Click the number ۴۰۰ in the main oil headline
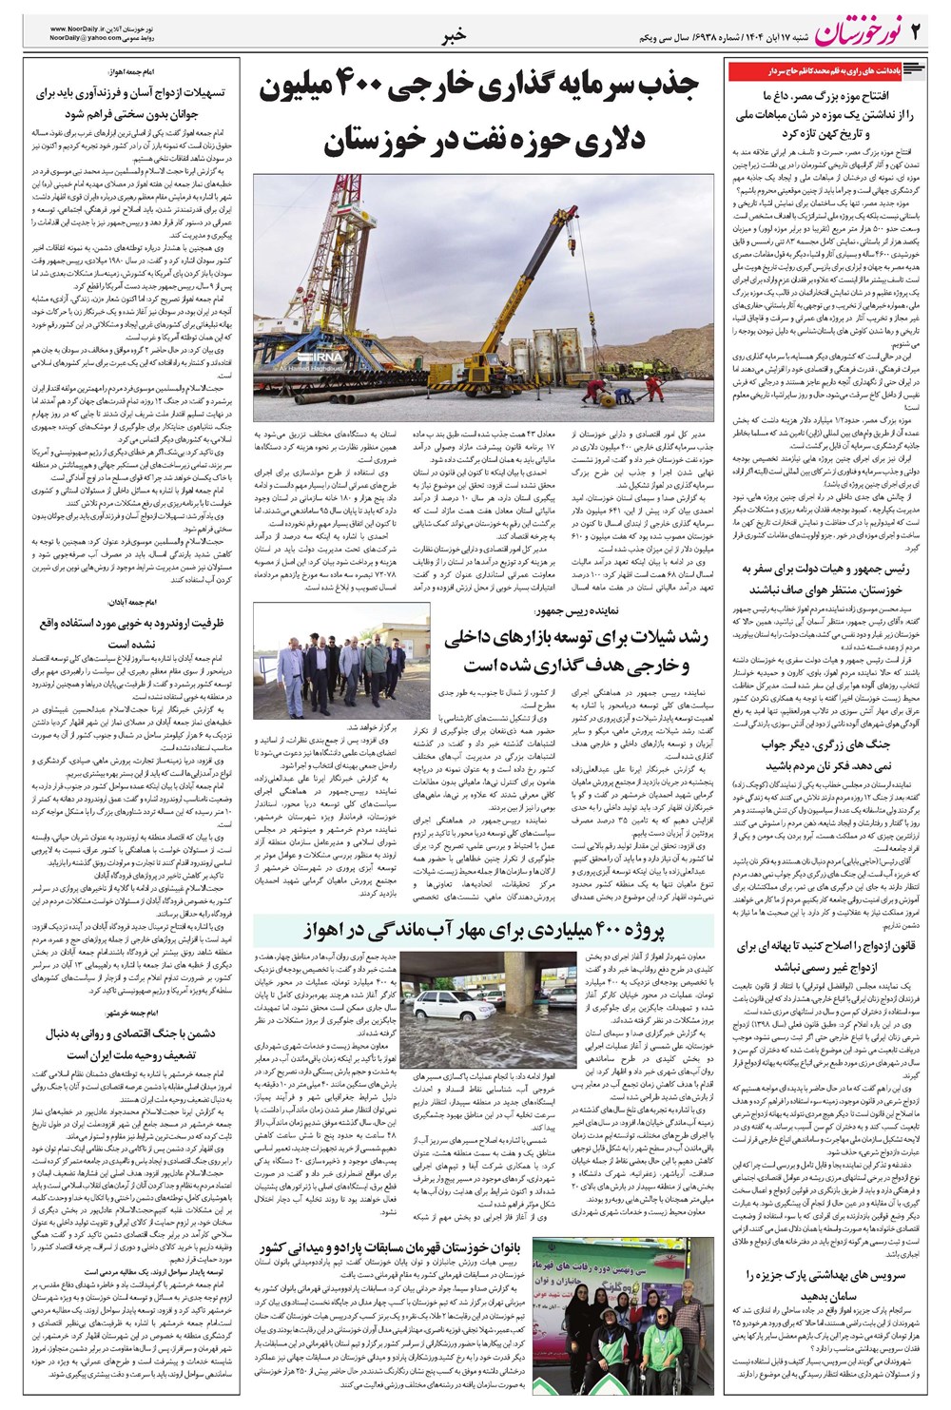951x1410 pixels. [x=356, y=88]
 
